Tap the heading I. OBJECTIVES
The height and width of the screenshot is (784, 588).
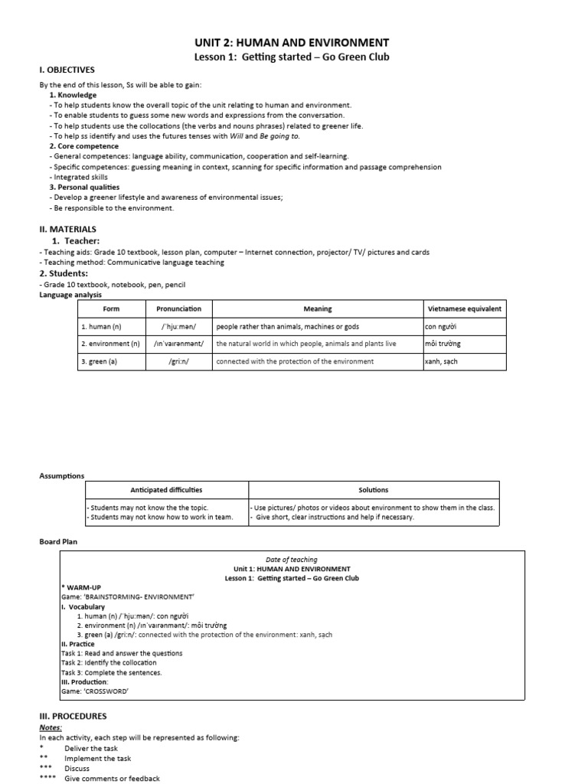[x=67, y=70]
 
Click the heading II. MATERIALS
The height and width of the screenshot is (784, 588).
[x=67, y=229]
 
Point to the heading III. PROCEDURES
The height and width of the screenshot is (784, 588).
[x=73, y=716]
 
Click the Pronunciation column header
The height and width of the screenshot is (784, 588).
[x=178, y=309]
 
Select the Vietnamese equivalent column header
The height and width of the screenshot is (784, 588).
[x=464, y=309]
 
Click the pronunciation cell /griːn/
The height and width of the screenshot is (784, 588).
[x=178, y=361]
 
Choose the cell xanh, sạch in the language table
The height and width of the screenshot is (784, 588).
[x=441, y=361]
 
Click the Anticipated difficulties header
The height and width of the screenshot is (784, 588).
[x=166, y=490]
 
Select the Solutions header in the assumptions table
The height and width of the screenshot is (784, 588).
[x=373, y=490]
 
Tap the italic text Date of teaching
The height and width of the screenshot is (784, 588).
[x=291, y=560]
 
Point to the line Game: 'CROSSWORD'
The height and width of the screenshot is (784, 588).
[x=95, y=691]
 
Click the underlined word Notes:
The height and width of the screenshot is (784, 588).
[x=51, y=727]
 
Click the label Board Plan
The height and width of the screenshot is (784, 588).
[x=58, y=541]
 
